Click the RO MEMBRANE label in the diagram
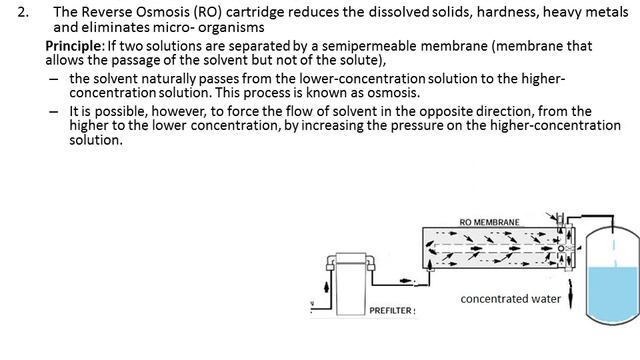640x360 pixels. pyautogui.click(x=489, y=221)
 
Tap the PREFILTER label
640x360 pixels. pyautogui.click(x=391, y=311)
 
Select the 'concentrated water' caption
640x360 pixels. pyautogui.click(x=510, y=299)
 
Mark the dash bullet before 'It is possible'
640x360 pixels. pyautogui.click(x=52, y=111)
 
